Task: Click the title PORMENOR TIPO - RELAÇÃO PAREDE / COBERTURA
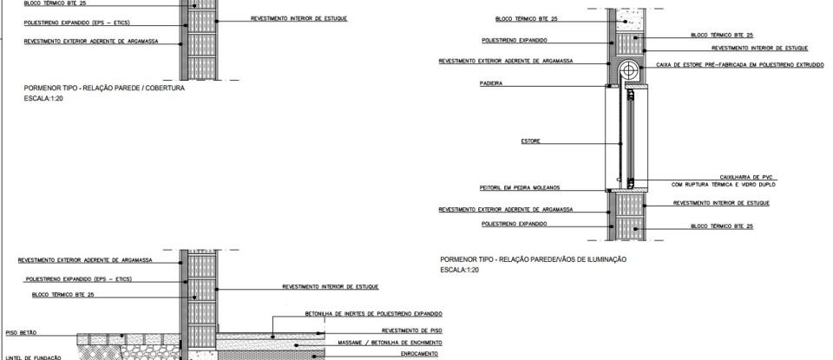point(104,88)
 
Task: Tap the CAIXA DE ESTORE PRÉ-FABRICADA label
point(727,65)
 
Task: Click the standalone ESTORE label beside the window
point(531,141)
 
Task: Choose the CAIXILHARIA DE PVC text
point(746,176)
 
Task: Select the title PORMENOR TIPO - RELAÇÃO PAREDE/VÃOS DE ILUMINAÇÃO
point(534,259)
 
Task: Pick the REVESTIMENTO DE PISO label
point(412,331)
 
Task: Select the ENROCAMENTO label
point(420,354)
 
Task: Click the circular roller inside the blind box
point(628,70)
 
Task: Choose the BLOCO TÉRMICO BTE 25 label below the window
point(721,226)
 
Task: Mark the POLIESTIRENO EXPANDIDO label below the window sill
point(514,224)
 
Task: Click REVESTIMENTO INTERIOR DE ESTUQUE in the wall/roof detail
point(298,17)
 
